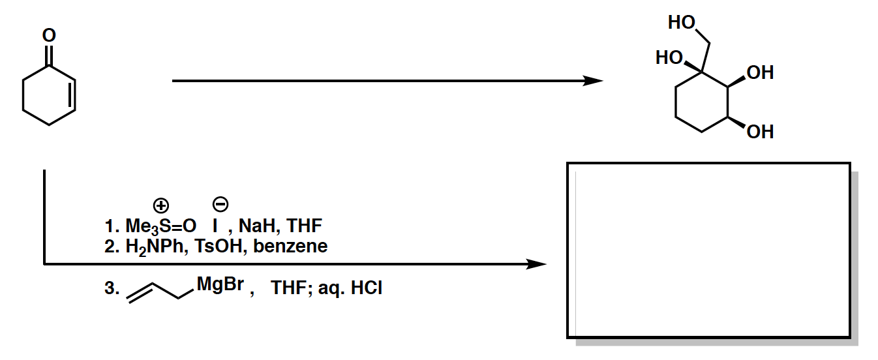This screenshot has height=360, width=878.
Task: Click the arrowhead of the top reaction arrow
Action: tap(593, 81)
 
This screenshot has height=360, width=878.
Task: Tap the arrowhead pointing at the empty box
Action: tap(536, 264)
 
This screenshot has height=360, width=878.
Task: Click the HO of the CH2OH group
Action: tap(682, 23)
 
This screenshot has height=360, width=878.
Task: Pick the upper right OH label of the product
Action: tap(760, 72)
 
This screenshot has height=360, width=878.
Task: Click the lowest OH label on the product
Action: tap(760, 132)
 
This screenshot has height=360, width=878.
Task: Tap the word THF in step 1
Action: tap(305, 227)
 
